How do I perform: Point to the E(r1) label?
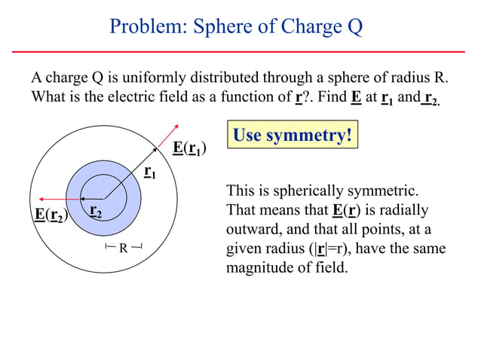click(190, 148)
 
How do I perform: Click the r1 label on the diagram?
click(150, 173)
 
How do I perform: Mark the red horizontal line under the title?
click(240, 51)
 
